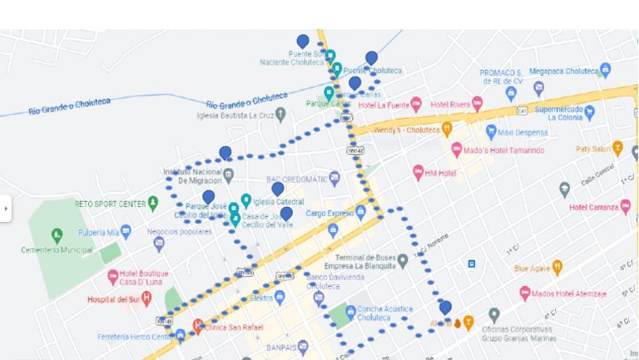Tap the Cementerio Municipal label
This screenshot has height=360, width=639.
click(x=57, y=249)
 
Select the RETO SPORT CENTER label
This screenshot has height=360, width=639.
click(x=110, y=203)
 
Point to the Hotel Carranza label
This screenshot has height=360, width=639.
click(x=594, y=207)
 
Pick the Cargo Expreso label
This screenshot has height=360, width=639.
click(x=329, y=213)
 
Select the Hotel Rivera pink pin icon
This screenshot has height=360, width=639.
click(x=477, y=103)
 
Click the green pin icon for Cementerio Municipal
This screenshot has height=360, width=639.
click(x=57, y=235)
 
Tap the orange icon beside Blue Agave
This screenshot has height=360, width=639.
click(x=557, y=268)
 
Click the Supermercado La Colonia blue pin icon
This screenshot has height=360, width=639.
click(x=589, y=111)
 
